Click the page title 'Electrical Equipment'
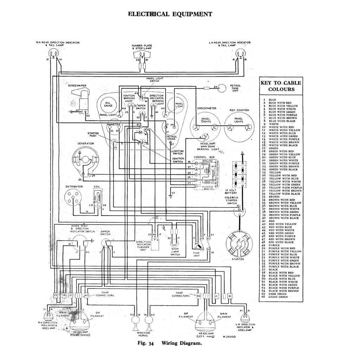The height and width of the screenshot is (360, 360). (x=170, y=14)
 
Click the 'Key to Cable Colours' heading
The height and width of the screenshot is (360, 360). (x=280, y=86)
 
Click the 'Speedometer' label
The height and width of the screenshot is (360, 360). (x=206, y=108)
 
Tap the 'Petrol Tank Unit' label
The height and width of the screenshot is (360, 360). (x=235, y=88)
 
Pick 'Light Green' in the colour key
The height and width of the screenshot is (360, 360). (x=278, y=297)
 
